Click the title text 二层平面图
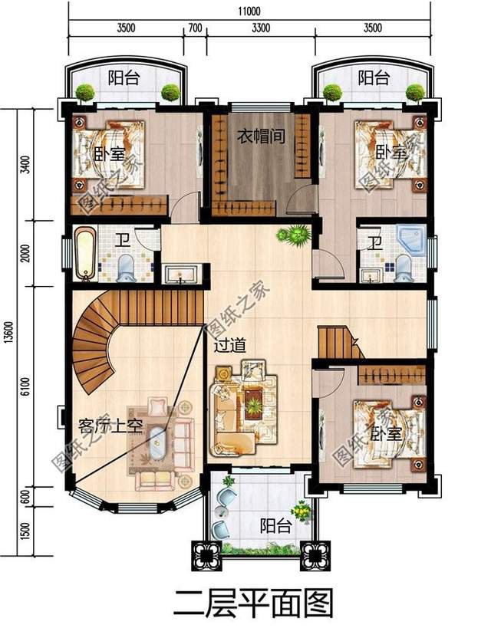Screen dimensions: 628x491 pyautogui.click(x=254, y=601)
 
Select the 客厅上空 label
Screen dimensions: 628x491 pyautogui.click(x=110, y=426)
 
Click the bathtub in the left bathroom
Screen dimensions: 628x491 pyautogui.click(x=84, y=253)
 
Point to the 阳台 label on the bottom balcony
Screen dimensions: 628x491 pyautogui.click(x=274, y=526)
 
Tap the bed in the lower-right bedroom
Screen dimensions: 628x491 pyautogui.click(x=387, y=433)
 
